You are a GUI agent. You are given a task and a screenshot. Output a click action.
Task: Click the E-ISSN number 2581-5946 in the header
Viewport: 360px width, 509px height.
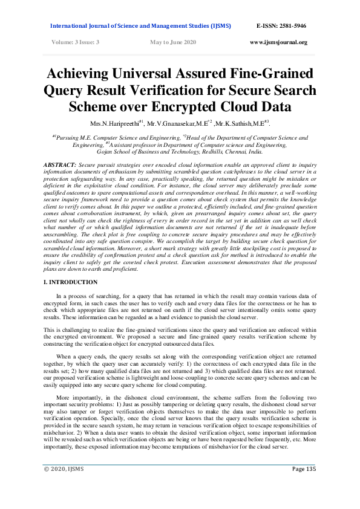(289, 27)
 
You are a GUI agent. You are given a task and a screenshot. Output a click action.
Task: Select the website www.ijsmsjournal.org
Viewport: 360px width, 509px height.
(278, 42)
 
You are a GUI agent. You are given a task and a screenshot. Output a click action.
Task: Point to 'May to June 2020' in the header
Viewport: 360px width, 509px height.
(173, 42)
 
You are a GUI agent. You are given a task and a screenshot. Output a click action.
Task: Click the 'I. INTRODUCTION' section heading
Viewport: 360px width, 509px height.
(71, 282)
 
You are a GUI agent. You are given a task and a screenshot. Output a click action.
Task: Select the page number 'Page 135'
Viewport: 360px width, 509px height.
(304, 486)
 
